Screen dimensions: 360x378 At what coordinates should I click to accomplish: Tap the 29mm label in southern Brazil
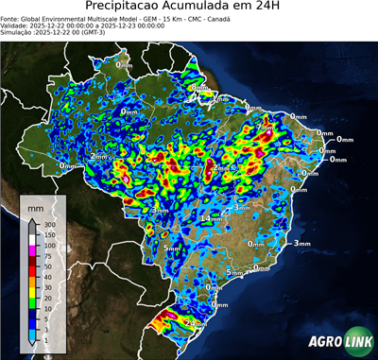[196, 323]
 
